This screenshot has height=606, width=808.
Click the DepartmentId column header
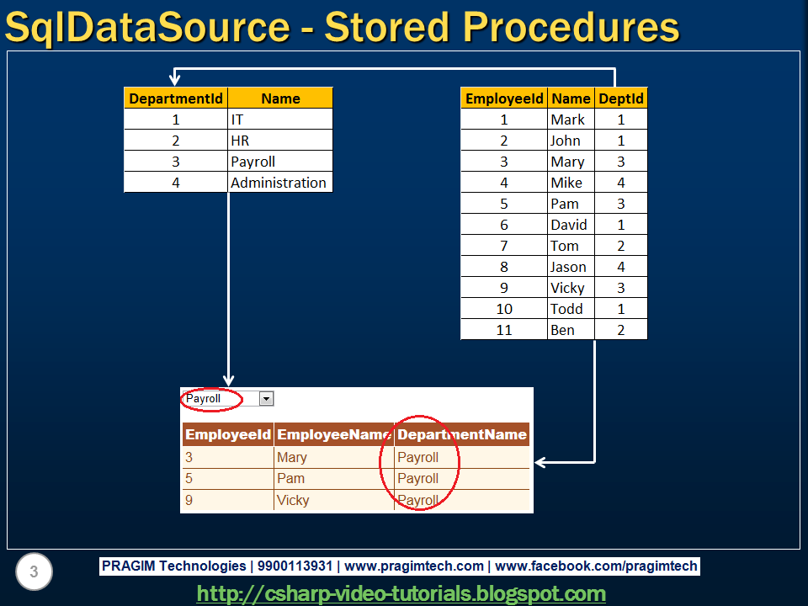click(x=176, y=98)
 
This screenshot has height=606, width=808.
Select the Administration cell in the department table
click(x=279, y=183)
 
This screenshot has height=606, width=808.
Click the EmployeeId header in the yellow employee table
click(x=504, y=98)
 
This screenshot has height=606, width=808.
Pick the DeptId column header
click(x=621, y=98)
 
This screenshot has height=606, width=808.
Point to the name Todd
click(x=566, y=309)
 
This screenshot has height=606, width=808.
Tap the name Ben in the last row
click(x=562, y=330)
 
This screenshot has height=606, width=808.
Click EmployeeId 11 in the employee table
click(x=504, y=330)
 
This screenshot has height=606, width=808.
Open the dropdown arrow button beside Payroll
click(x=266, y=399)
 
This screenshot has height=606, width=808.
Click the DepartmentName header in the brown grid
click(x=462, y=435)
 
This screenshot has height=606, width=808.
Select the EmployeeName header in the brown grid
click(x=334, y=435)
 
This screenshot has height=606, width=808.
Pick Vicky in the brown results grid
click(x=293, y=500)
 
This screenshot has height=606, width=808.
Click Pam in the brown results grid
click(x=290, y=478)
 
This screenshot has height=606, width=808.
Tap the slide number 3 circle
click(x=34, y=572)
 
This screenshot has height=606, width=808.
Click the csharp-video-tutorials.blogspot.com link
click(x=401, y=593)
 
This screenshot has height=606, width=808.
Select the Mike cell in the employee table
click(x=566, y=183)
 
